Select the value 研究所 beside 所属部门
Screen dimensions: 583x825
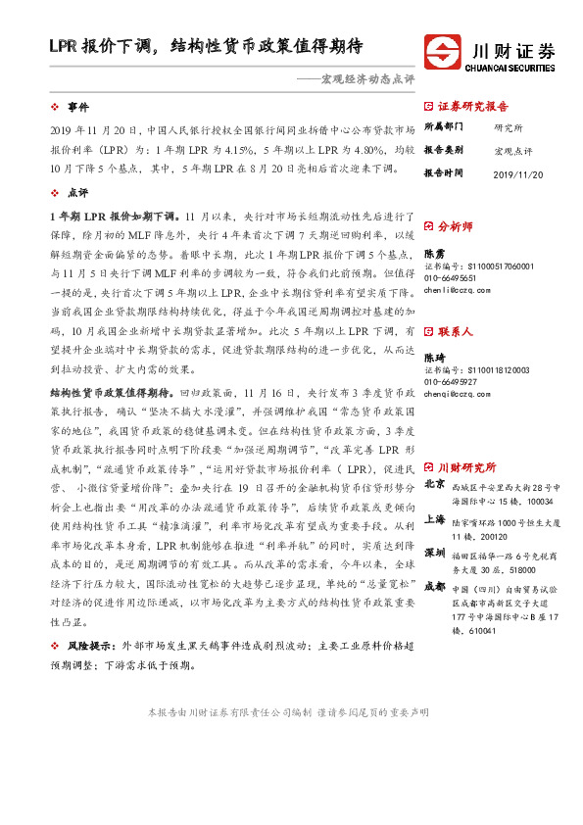pos(509,128)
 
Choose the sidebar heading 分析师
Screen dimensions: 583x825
pos(455,226)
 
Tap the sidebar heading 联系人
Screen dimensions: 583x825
pos(455,332)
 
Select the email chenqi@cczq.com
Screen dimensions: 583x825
pos(455,393)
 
